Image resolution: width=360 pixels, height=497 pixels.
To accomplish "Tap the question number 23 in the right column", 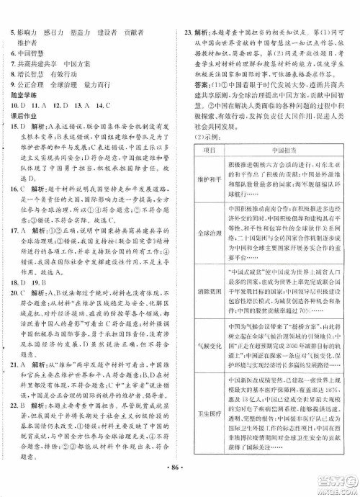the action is [x=189, y=13].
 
